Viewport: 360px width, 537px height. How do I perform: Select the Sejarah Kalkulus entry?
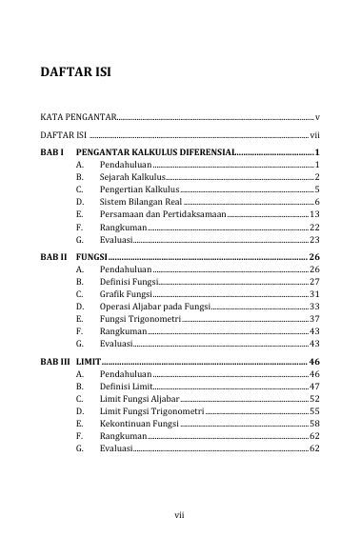[132, 178]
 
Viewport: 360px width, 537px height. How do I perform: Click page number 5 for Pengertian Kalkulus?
[315, 190]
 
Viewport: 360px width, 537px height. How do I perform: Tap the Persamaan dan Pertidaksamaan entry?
[163, 216]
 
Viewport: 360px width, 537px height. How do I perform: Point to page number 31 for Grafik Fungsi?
[313, 295]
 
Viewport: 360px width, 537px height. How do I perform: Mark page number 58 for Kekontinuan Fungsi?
[313, 422]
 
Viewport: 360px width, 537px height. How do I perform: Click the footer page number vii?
[179, 515]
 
